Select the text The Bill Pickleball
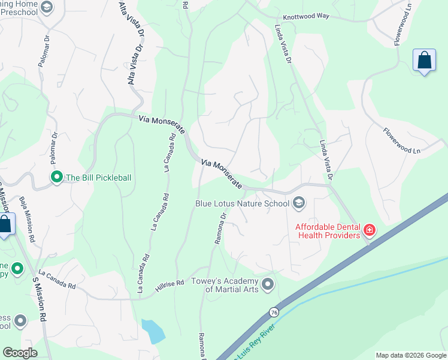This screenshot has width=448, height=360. point(98,178)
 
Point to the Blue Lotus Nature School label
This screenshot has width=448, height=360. point(243,203)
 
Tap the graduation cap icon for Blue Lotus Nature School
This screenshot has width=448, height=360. point(299,203)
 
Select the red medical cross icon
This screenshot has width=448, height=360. point(370,230)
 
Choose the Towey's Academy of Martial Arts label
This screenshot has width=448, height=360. point(224,285)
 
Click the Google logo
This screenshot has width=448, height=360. point(20,353)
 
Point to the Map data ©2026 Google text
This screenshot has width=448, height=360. point(410,355)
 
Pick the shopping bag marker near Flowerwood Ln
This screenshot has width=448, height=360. point(424,61)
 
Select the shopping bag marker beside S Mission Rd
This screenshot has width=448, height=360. point(4,226)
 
